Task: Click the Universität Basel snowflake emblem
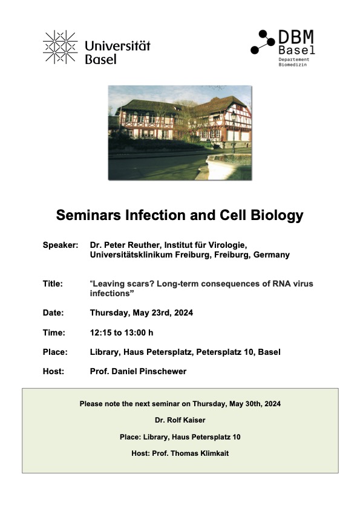[x=60, y=47]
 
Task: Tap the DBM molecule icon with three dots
[x=263, y=42]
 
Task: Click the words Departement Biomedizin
[x=293, y=62]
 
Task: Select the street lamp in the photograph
[x=234, y=131]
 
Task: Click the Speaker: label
[x=61, y=245]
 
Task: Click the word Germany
[x=271, y=255]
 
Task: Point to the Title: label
[x=53, y=284]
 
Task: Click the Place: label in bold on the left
[x=55, y=352]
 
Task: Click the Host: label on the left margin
[x=53, y=371]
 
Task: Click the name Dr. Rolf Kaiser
[x=180, y=420]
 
